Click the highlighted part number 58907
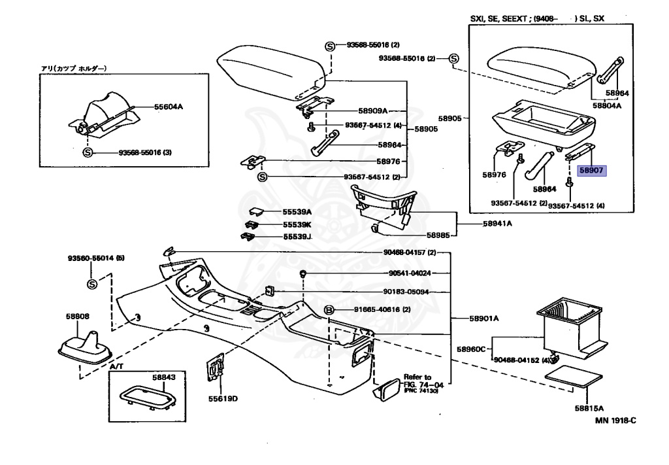click(x=592, y=171)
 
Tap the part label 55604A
click(x=169, y=107)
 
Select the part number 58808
click(x=78, y=317)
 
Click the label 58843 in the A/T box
click(x=164, y=377)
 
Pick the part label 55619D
click(x=223, y=399)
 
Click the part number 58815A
click(x=589, y=408)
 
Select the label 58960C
click(x=471, y=349)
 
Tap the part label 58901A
click(x=484, y=319)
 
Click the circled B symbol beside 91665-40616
click(x=329, y=310)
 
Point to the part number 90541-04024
click(x=410, y=273)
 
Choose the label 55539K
click(x=297, y=224)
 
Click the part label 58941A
click(x=497, y=223)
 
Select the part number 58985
click(x=438, y=235)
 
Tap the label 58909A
click(x=373, y=111)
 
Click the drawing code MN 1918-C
click(x=615, y=420)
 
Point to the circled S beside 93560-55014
click(x=92, y=284)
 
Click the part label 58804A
click(x=607, y=105)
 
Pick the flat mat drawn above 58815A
click(x=574, y=377)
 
